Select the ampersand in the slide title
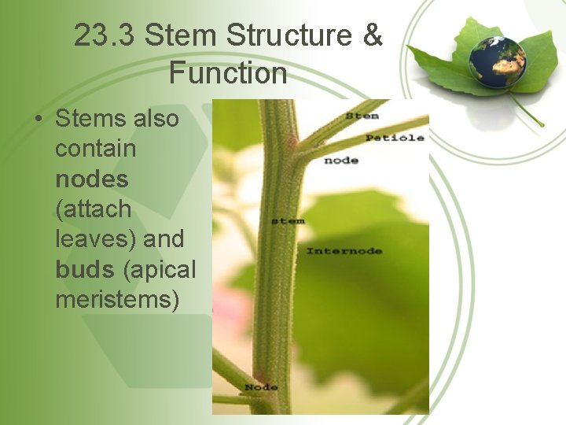pyautogui.click(x=373, y=35)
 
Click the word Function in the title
pyautogui.click(x=227, y=73)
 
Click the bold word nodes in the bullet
pyautogui.click(x=92, y=179)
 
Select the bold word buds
pyautogui.click(x=86, y=269)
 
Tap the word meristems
pyautogui.click(x=117, y=299)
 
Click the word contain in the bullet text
pyautogui.click(x=95, y=149)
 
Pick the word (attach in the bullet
pyautogui.click(x=94, y=209)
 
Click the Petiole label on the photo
pyautogui.click(x=395, y=138)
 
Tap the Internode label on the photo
pyautogui.click(x=344, y=251)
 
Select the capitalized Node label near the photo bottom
pyautogui.click(x=261, y=387)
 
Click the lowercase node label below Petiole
pyautogui.click(x=340, y=161)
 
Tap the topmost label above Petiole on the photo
pyautogui.click(x=362, y=116)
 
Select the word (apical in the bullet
pyautogui.click(x=160, y=269)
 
